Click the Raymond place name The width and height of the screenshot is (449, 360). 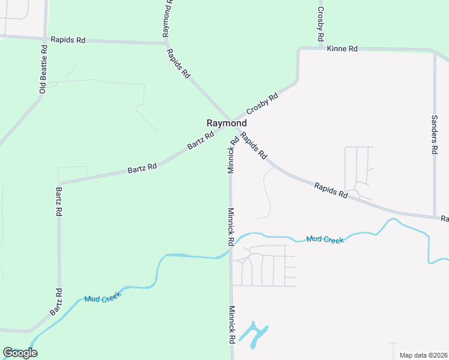[x=226, y=123]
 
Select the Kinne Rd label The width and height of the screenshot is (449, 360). [x=342, y=48]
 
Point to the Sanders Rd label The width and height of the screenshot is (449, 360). [x=435, y=135]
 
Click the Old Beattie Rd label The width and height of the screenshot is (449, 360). [x=43, y=71]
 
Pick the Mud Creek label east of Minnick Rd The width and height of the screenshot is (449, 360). [x=325, y=239]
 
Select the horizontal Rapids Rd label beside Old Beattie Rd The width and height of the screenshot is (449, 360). [x=68, y=40]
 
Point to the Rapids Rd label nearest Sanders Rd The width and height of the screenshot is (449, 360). [x=331, y=191]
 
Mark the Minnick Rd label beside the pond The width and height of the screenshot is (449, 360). [x=231, y=325]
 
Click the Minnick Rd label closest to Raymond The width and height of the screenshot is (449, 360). [x=232, y=155]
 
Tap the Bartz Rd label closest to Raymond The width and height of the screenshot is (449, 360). [x=200, y=142]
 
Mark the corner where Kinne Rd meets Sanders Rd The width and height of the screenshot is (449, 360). [x=433, y=51]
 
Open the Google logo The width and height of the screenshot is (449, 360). [x=20, y=353]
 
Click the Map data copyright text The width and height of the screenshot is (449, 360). [x=423, y=355]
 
